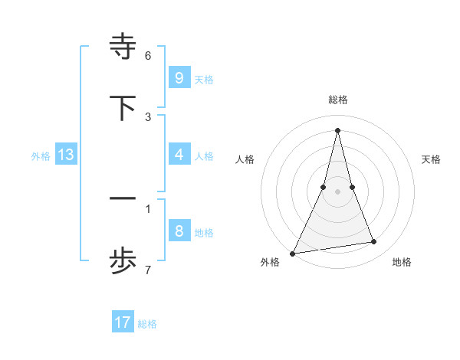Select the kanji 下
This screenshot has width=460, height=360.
[x=123, y=108]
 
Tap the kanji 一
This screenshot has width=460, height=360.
[x=123, y=199]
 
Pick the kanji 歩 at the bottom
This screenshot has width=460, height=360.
[x=123, y=261]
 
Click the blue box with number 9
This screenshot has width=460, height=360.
[x=179, y=77]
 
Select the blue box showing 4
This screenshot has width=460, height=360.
[x=179, y=155]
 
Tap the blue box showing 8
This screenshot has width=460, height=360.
[x=179, y=231]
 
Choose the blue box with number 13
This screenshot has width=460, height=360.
[x=65, y=155]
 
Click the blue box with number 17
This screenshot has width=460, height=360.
[x=123, y=322]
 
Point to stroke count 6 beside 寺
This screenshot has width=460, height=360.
[x=148, y=56]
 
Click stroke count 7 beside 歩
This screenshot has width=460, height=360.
[x=148, y=270]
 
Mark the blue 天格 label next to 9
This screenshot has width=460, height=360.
[x=204, y=79]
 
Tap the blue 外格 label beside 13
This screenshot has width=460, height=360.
[x=41, y=156]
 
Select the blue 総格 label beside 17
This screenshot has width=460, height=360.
[x=147, y=324]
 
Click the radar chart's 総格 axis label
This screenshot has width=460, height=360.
[x=338, y=100]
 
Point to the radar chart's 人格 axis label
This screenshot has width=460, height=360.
[x=245, y=159]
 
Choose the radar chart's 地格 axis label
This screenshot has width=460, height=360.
[x=402, y=262]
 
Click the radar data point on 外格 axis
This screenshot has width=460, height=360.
[x=293, y=253]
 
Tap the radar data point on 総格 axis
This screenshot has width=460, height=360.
[x=338, y=130]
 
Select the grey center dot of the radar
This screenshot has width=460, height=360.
[x=338, y=191]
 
